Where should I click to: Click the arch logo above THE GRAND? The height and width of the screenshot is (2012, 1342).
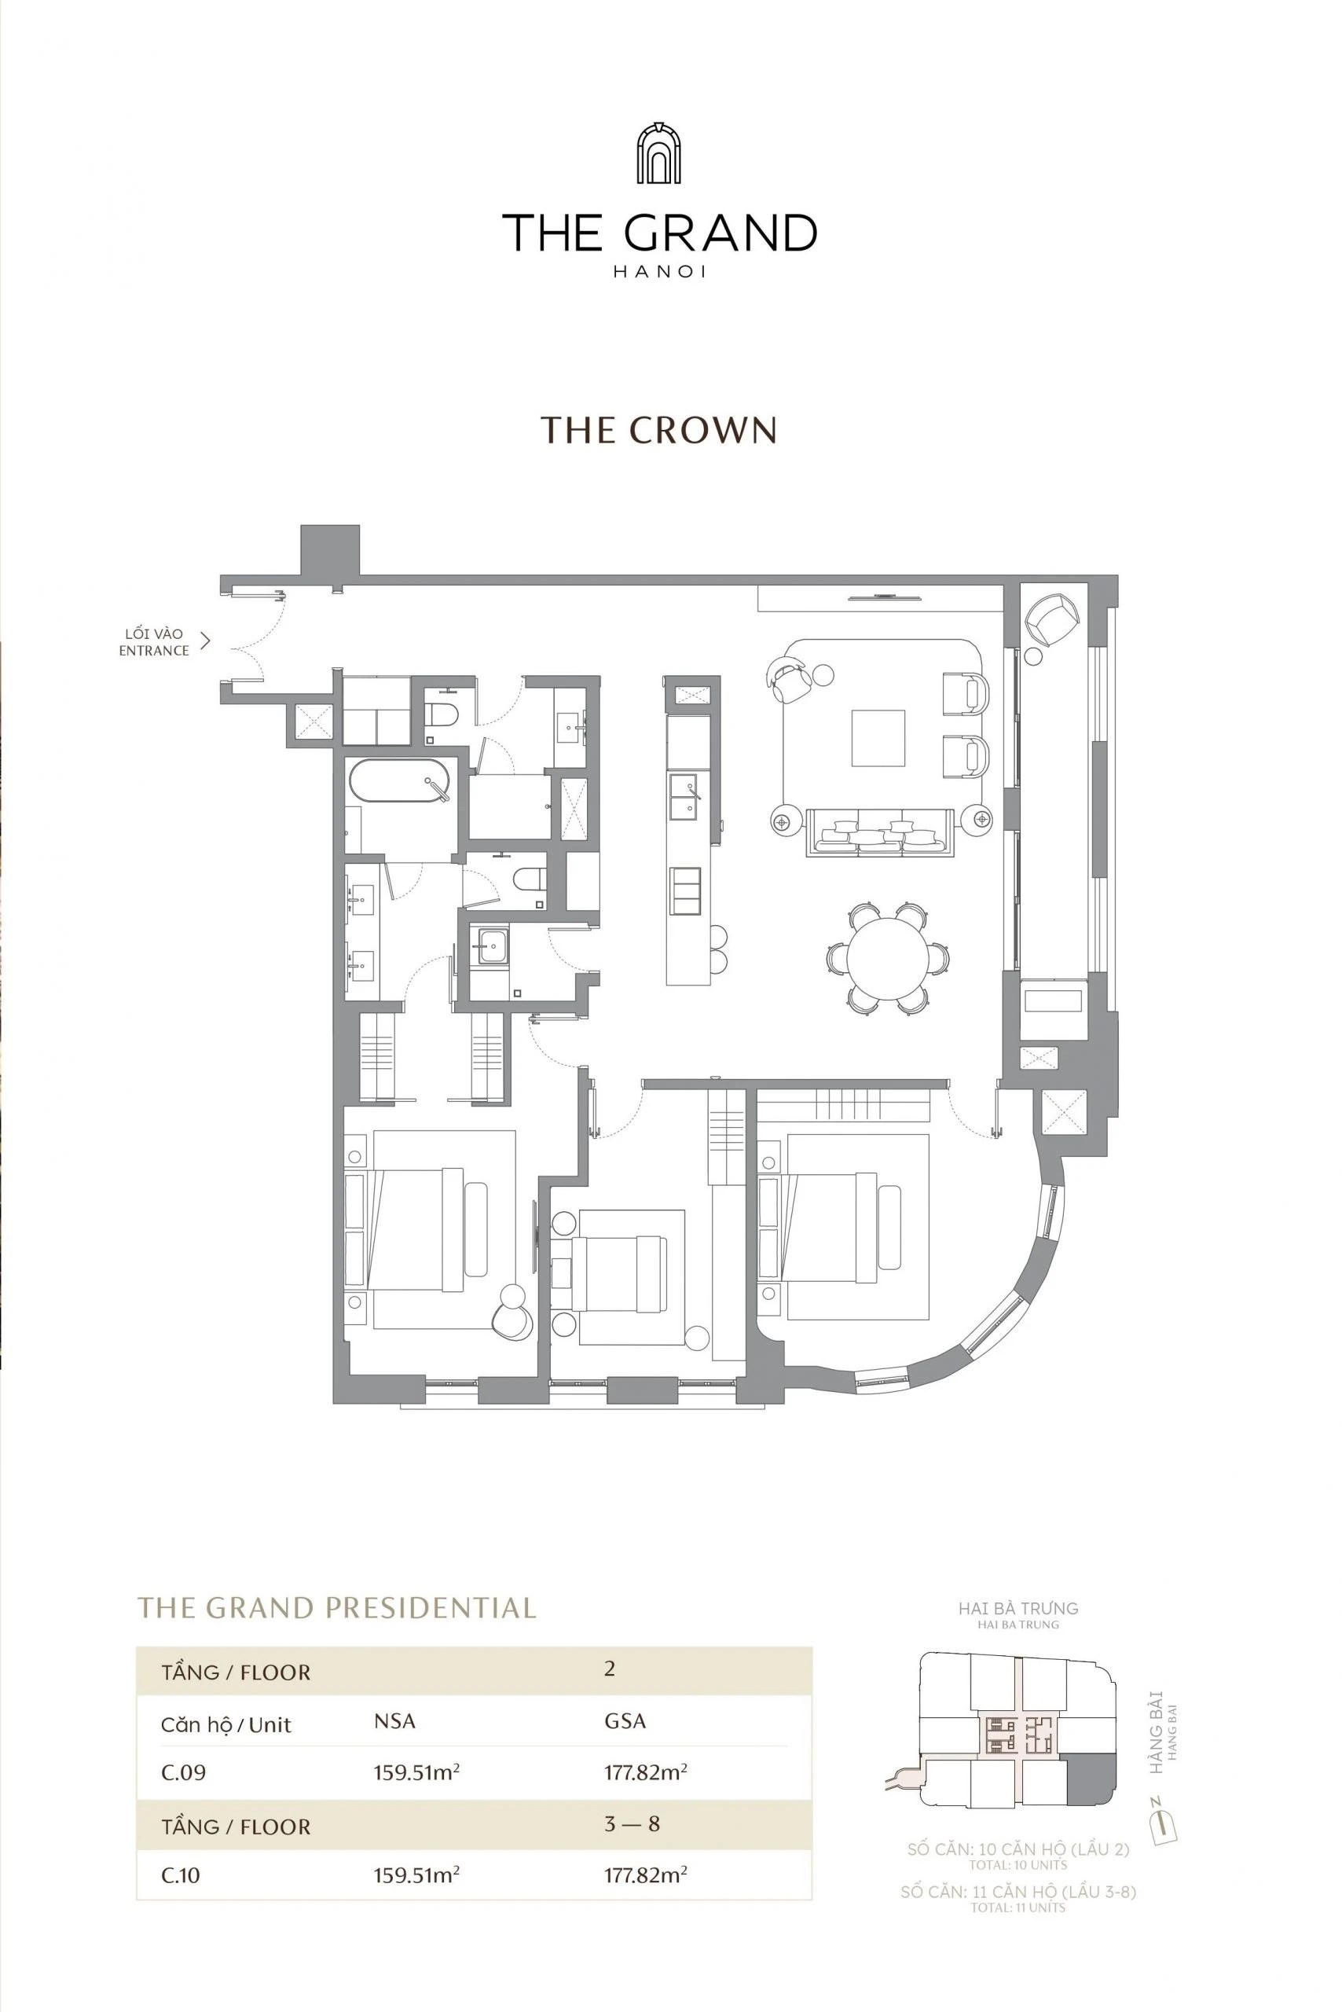pyautogui.click(x=658, y=153)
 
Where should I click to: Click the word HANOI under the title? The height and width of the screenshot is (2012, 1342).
pyautogui.click(x=659, y=272)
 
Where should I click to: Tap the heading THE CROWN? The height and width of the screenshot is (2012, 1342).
pyautogui.click(x=658, y=430)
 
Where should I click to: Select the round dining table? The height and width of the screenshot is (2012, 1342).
pyautogui.click(x=888, y=957)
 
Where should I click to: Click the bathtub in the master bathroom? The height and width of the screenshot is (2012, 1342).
pyautogui.click(x=400, y=780)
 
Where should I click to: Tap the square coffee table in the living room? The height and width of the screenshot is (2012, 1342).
pyautogui.click(x=878, y=738)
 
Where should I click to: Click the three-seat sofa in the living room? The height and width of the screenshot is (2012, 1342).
pyautogui.click(x=880, y=832)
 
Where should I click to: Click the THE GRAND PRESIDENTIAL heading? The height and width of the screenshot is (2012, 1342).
pyautogui.click(x=336, y=1607)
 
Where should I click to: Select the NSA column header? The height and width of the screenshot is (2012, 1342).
pyautogui.click(x=394, y=1721)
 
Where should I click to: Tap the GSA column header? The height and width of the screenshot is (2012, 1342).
pyautogui.click(x=625, y=1721)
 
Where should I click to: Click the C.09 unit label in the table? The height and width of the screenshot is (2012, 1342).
pyautogui.click(x=183, y=1772)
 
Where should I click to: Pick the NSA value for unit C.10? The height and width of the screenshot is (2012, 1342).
pyautogui.click(x=416, y=1875)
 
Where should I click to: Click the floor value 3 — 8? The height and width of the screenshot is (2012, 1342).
pyautogui.click(x=632, y=1823)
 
